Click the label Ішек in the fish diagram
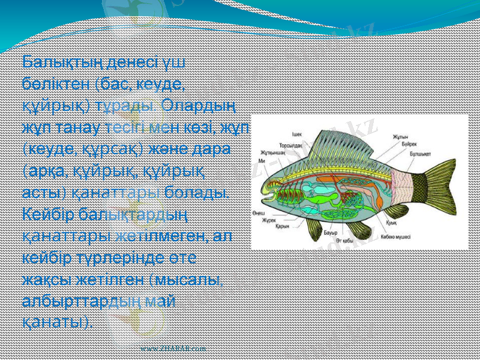[x=296, y=134]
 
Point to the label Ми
[x=262, y=161]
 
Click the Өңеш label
[x=259, y=213]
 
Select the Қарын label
[x=283, y=227]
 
